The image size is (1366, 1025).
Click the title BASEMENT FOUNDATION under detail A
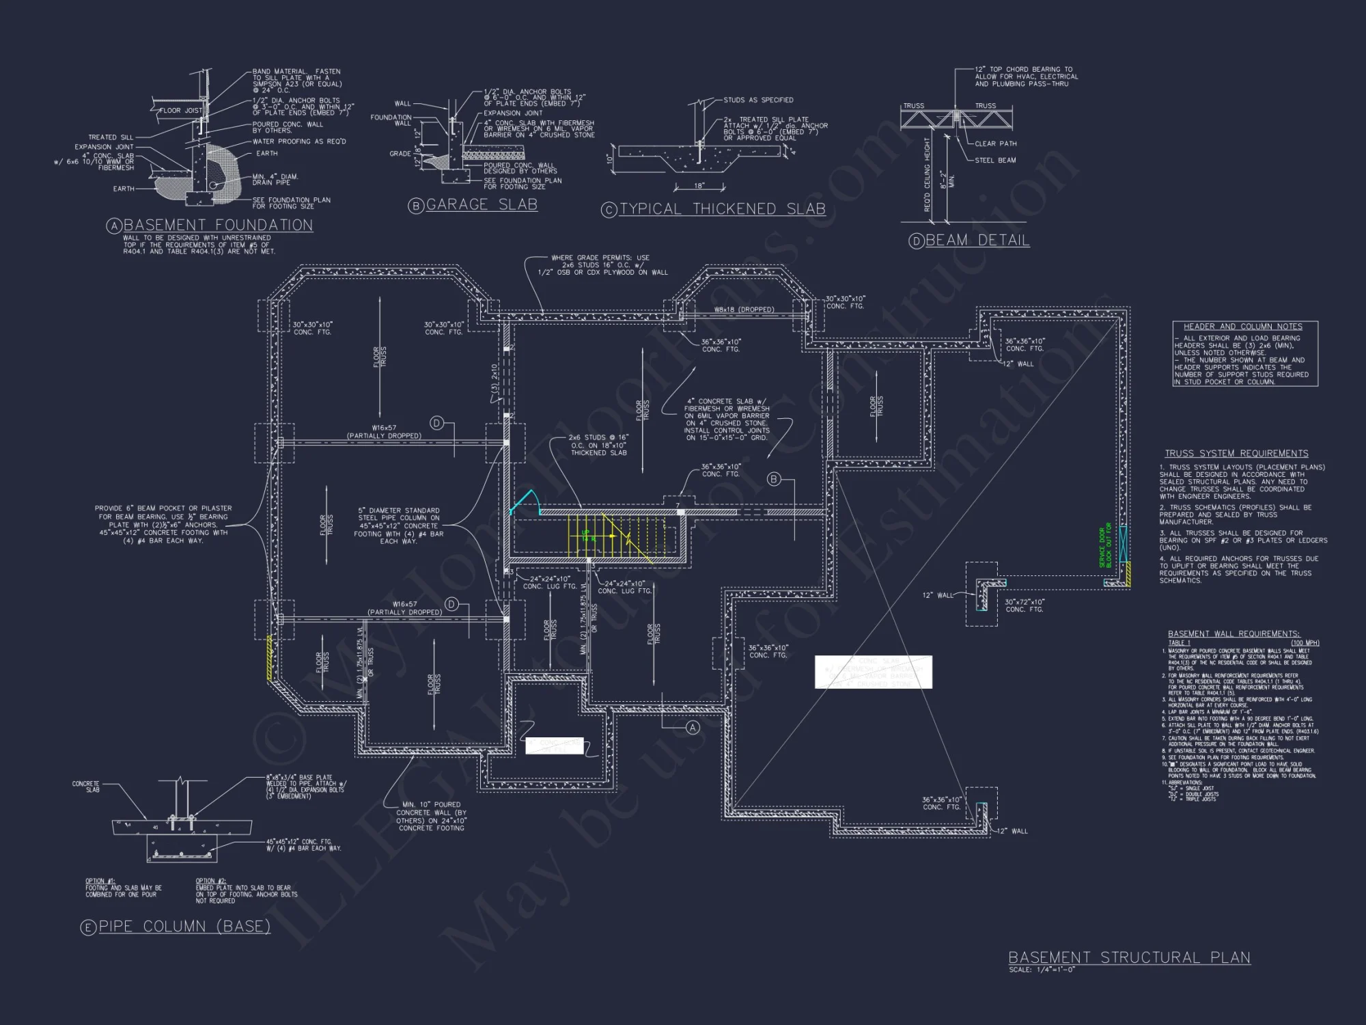218,225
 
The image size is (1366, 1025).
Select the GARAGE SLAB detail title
482,204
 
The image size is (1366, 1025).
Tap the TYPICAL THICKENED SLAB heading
722,209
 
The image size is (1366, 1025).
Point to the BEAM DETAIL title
977,240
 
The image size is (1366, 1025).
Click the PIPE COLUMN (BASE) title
184,926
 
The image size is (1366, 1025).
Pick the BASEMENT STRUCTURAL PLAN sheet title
1129,957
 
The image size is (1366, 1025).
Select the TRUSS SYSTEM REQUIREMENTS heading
1236,453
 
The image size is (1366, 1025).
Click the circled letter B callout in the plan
774,479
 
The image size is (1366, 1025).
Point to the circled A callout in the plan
693,728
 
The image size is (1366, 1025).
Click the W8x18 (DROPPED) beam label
744,310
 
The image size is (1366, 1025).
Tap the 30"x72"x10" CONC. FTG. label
1024,605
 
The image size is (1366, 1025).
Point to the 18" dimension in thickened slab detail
699,186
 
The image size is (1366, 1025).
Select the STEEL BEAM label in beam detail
995,160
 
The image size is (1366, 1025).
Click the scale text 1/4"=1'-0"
1042,970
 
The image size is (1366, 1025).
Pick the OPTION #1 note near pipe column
123,888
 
